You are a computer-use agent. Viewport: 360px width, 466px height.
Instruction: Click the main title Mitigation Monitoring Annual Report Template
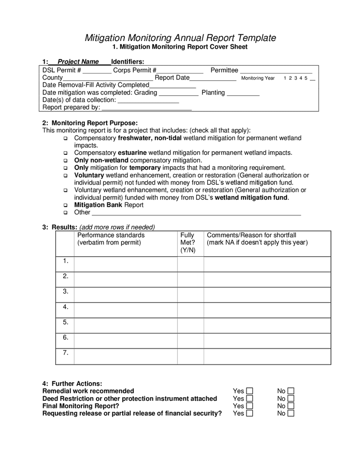[x=180, y=38]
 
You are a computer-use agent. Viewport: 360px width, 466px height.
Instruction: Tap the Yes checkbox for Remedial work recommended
[x=250, y=391]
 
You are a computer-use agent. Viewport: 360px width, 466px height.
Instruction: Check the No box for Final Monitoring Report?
[x=291, y=406]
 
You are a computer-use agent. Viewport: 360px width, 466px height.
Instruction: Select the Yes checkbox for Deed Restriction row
[x=250, y=399]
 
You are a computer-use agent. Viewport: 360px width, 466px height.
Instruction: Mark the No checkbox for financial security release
[x=291, y=413]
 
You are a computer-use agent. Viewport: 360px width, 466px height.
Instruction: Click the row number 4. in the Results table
[x=65, y=307]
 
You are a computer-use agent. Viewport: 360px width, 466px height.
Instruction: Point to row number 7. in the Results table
[x=65, y=353]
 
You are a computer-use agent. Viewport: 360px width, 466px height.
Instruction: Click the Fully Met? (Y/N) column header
[x=188, y=242]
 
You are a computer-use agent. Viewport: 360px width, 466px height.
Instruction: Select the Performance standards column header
[x=111, y=239]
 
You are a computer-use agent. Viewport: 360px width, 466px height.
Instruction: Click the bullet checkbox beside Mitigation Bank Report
[x=66, y=206]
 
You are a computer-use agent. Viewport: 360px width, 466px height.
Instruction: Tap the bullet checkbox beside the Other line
[x=66, y=213]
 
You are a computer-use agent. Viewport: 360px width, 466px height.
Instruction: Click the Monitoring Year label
[x=258, y=78]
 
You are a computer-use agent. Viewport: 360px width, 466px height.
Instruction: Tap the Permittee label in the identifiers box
[x=224, y=70]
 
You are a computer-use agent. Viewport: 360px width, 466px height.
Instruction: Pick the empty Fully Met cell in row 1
[x=190, y=264]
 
